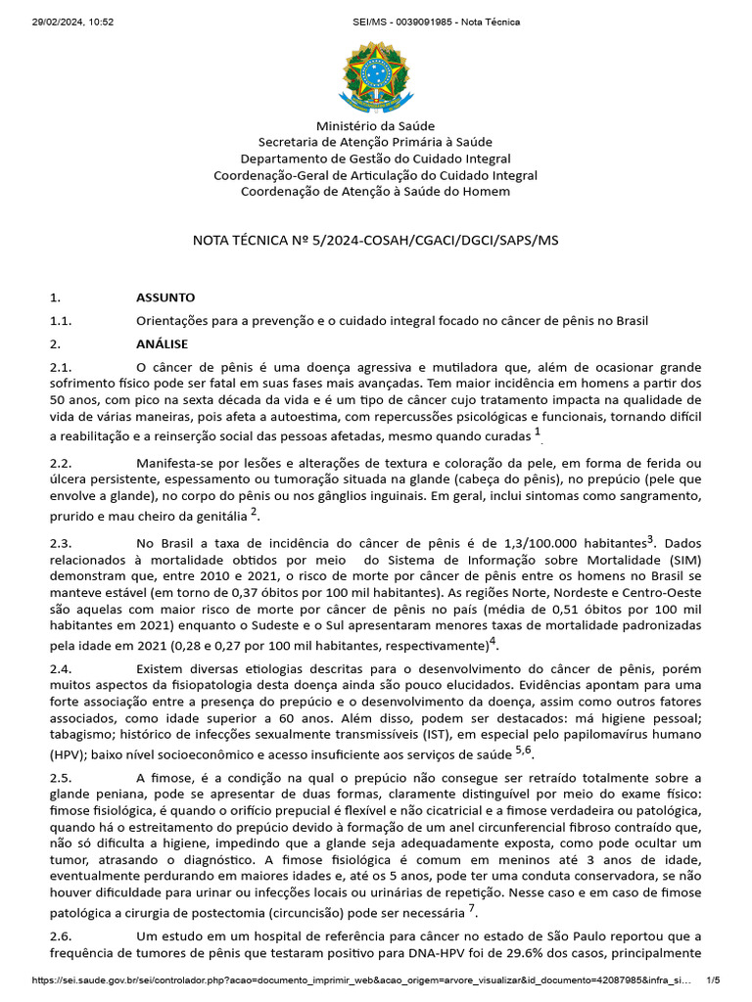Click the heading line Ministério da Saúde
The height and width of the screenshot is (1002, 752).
pyautogui.click(x=375, y=126)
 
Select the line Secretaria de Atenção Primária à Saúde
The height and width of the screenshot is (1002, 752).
pyautogui.click(x=375, y=143)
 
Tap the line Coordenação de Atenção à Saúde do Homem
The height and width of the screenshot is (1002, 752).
pyautogui.click(x=375, y=192)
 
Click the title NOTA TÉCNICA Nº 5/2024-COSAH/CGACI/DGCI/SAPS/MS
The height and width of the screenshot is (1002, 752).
pyautogui.click(x=375, y=240)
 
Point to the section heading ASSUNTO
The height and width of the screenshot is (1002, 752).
pyautogui.click(x=165, y=296)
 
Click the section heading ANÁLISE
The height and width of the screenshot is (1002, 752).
pyautogui.click(x=163, y=343)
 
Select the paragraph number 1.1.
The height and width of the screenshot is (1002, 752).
pyautogui.click(x=61, y=320)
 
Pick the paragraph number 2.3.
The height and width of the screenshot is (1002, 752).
pyautogui.click(x=61, y=542)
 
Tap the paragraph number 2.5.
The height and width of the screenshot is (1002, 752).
pyautogui.click(x=61, y=777)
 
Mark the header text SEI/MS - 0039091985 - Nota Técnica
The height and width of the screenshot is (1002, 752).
pyautogui.click(x=436, y=22)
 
